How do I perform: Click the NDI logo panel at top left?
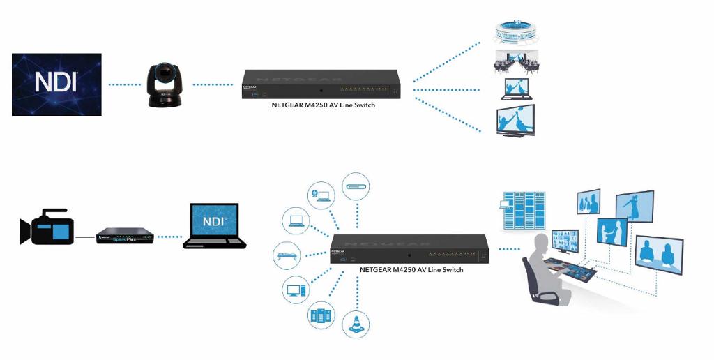pos(56,84)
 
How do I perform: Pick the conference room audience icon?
pos(517,63)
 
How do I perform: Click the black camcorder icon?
pos(46,227)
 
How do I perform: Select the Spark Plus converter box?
pos(123,236)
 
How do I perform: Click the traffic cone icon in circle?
pos(356,324)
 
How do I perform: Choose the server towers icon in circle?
pos(321,315)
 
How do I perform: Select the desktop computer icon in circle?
pos(296,289)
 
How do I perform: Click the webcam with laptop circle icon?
pos(323,193)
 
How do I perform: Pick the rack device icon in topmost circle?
pos(356,186)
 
